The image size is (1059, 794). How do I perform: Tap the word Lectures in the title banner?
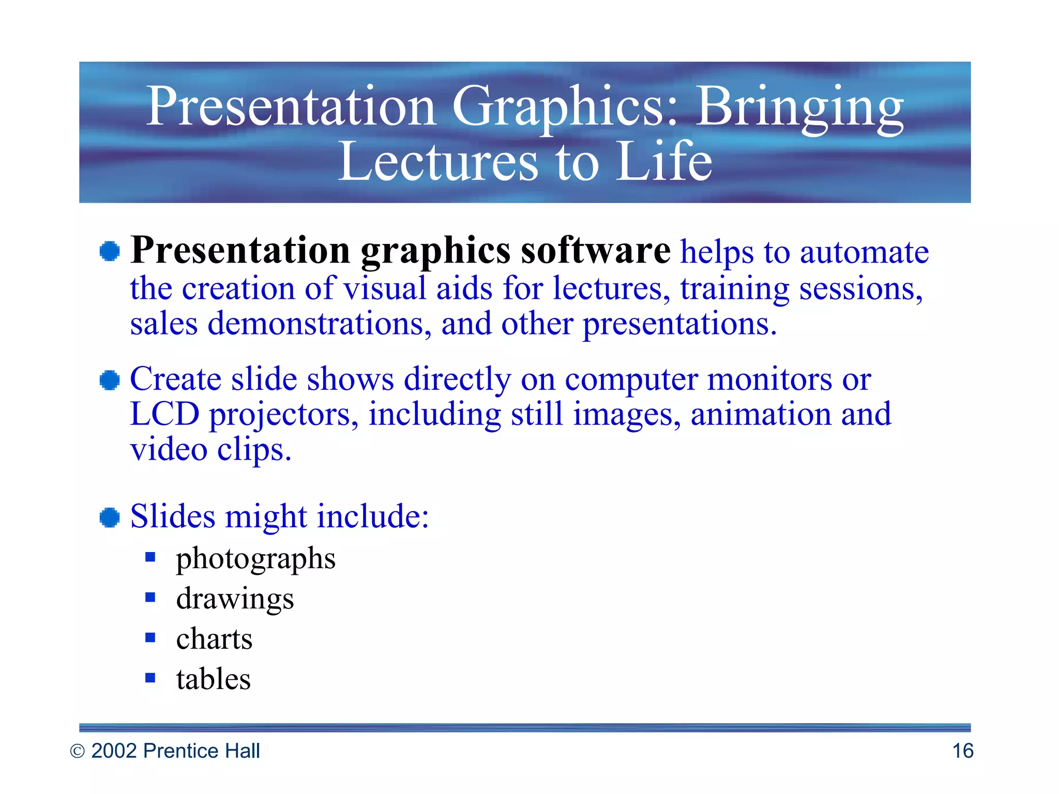click(x=438, y=162)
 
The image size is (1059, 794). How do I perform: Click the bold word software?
click(x=595, y=251)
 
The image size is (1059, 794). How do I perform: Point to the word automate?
click(x=864, y=253)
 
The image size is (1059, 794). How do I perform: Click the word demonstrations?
click(x=319, y=324)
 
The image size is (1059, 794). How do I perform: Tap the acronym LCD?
click(x=164, y=414)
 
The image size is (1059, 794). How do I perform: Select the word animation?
click(x=761, y=414)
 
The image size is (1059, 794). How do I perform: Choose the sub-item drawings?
click(x=235, y=599)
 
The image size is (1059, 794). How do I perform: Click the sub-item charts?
click(x=214, y=639)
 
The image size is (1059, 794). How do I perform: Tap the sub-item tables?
click(x=213, y=679)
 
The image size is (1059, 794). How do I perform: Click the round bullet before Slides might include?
click(x=110, y=517)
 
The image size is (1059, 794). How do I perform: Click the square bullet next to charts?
click(x=150, y=637)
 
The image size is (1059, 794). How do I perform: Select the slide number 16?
click(x=962, y=751)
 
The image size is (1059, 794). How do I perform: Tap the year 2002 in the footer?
click(x=114, y=751)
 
